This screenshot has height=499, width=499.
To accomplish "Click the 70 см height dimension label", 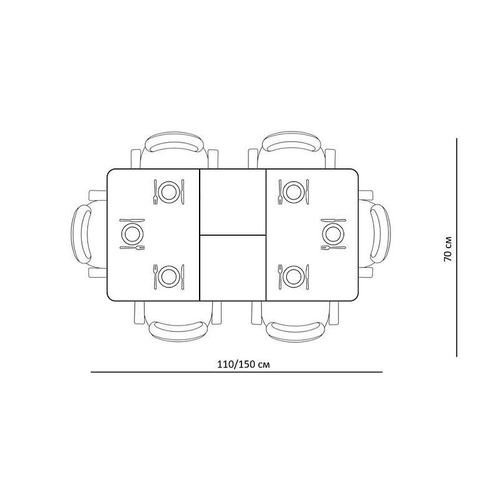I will pos(447,248).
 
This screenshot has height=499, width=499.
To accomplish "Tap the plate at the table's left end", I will pos(132,234).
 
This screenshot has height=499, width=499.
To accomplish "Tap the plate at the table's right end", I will pos(333,234).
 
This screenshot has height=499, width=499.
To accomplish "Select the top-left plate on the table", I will pos(168,191).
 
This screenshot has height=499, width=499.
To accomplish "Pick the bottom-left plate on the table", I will pos(168,276).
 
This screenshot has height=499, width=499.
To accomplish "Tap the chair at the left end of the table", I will pos(87,235).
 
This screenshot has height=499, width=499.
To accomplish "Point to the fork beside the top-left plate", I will pos(155,191).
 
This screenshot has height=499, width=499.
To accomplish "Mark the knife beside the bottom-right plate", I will pos(308,276).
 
